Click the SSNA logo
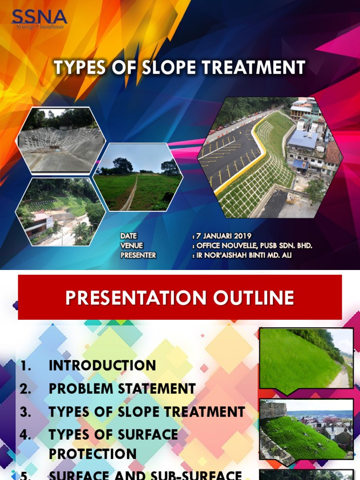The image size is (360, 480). pyautogui.click(x=39, y=19)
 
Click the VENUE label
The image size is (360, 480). pyautogui.click(x=131, y=246)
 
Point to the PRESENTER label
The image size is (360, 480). pyautogui.click(x=138, y=255)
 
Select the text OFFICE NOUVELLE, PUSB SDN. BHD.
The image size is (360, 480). pyautogui.click(x=254, y=246)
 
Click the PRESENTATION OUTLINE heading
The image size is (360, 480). pyautogui.click(x=180, y=298)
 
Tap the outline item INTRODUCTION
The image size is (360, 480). pyautogui.click(x=102, y=366)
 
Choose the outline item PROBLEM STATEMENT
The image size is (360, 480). pyautogui.click(x=122, y=389)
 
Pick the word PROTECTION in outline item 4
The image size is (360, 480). pyautogui.click(x=92, y=454)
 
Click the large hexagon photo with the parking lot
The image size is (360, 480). pyautogui.click(x=269, y=157)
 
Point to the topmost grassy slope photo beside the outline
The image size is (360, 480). pyautogui.click(x=306, y=359)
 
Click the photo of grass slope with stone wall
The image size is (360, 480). pyautogui.click(x=306, y=429)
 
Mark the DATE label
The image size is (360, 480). pyautogui.click(x=128, y=236)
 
